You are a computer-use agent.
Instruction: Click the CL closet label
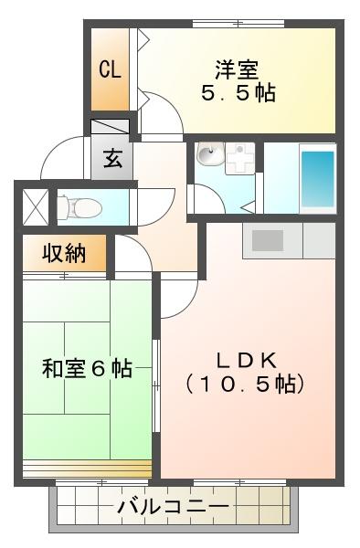tap(110, 69)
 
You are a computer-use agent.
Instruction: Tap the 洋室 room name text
tap(237, 69)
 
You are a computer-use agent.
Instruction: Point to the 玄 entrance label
tap(113, 159)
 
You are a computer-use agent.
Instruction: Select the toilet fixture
tap(79, 208)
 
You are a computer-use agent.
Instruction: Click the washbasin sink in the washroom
tap(210, 154)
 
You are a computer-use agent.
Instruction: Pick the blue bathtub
tap(317, 179)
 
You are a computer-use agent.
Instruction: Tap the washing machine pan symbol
tap(240, 159)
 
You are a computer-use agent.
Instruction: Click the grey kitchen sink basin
tap(268, 240)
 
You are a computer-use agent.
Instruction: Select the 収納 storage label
tap(64, 253)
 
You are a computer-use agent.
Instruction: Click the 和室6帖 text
tap(87, 368)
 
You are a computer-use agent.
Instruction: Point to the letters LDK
tap(247, 361)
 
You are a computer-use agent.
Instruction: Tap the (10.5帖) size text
tap(245, 384)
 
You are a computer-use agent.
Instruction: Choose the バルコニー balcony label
tap(174, 506)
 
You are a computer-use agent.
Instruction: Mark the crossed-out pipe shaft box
tap(36, 207)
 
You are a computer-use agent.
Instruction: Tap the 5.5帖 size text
tap(238, 93)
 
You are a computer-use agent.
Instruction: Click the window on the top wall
tap(238, 24)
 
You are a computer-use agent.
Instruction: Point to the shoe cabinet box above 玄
tap(110, 127)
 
